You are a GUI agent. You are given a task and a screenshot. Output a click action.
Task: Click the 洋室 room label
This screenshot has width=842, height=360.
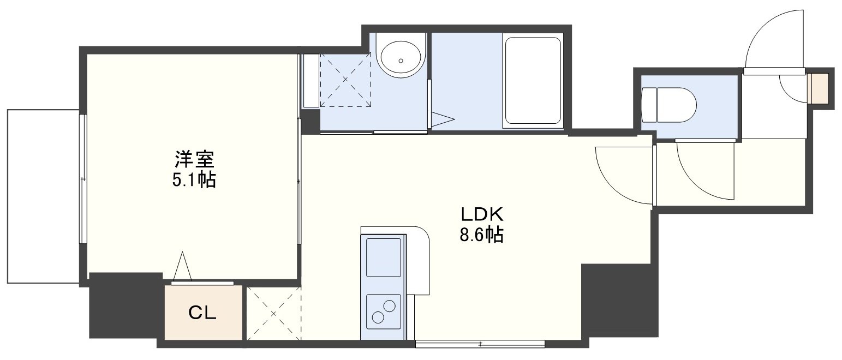(194, 159)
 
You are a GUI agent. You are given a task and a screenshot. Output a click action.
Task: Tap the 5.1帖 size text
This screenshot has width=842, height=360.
(194, 180)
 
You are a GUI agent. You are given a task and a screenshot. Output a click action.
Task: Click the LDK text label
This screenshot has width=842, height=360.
(482, 214)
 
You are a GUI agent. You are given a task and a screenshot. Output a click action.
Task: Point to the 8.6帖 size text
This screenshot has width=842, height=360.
(481, 235)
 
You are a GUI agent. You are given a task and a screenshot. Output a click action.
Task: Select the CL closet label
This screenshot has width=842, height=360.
(202, 313)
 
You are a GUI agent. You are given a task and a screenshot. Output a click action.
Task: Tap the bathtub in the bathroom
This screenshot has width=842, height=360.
(533, 81)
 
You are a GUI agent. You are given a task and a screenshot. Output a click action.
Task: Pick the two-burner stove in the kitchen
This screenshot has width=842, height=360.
(384, 311)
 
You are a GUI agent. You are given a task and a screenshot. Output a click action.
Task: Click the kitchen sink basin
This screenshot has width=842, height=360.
(384, 258)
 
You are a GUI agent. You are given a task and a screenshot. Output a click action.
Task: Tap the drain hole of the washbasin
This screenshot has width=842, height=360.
(401, 61)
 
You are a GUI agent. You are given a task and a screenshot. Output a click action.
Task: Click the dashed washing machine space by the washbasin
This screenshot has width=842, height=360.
(345, 80)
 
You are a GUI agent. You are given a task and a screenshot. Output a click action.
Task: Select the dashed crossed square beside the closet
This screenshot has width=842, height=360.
(273, 314)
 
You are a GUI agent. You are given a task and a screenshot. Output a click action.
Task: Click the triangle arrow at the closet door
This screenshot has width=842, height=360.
(183, 267)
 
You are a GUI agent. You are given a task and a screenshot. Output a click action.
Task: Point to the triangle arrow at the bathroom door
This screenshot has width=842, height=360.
(443, 119)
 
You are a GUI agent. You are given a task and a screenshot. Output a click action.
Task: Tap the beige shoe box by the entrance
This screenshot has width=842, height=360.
(818, 88)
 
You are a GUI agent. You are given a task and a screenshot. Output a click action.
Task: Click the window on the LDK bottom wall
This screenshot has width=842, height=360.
(480, 344)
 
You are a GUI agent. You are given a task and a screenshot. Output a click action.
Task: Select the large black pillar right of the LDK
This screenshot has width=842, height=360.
(619, 300)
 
